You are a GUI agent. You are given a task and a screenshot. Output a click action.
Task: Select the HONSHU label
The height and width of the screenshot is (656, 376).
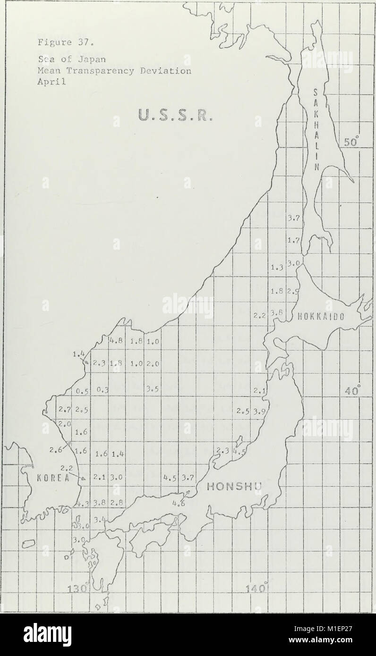pos(231,487)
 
